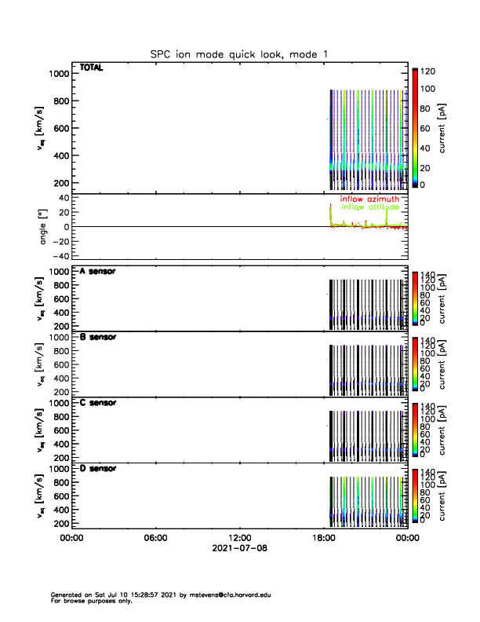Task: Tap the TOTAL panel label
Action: pos(91,68)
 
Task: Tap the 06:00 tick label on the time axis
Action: pos(155,538)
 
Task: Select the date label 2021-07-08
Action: pos(239,548)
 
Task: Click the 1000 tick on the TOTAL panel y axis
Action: pos(59,73)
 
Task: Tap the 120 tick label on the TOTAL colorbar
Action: pos(427,71)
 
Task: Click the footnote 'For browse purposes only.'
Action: pos(87,601)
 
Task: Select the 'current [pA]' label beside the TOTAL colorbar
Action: pos(444,129)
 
